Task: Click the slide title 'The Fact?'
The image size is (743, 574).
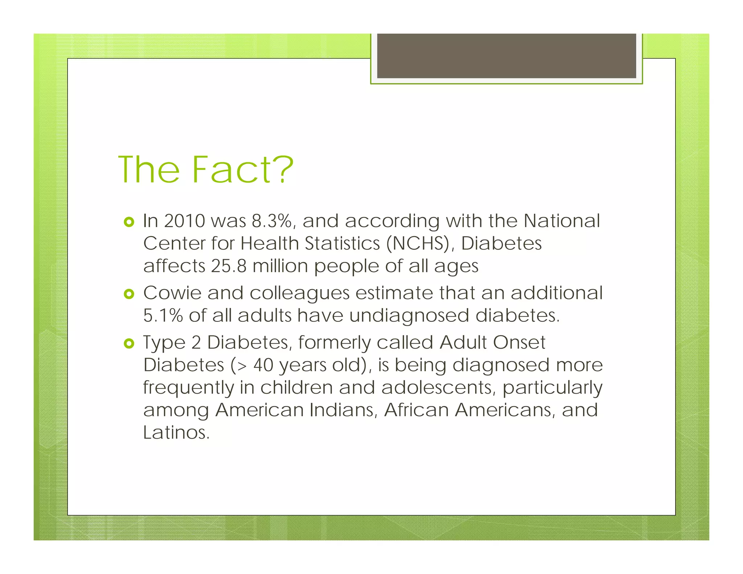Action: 205,169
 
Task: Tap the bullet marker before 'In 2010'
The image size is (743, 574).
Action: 129,222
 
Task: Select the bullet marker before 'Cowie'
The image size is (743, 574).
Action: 129,294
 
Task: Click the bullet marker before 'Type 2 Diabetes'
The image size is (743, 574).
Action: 129,343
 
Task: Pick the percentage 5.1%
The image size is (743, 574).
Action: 163,315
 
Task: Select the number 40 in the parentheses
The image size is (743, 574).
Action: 263,365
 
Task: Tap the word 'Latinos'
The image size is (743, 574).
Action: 176,432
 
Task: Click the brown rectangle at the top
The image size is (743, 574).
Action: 506,56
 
